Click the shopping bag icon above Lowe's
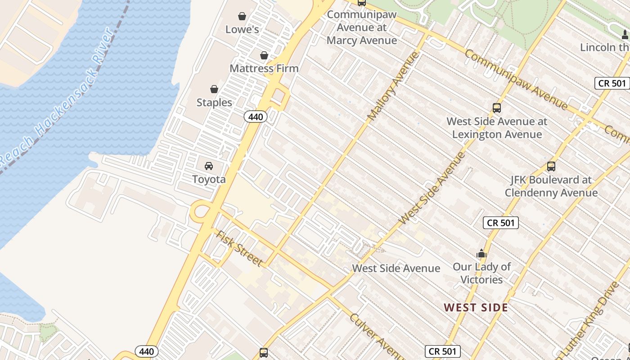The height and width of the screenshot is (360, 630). tap(242, 17)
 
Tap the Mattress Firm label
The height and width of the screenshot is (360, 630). tap(264, 68)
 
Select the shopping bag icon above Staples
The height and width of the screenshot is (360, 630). tap(214, 89)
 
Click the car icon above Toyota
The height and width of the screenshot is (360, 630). tap(209, 166)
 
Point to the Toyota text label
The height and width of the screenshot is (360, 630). tap(209, 179)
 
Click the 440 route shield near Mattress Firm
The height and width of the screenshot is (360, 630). tap(256, 117)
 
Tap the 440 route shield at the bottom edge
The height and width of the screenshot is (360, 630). tap(147, 351)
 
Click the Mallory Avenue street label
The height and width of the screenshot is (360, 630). tap(393, 86)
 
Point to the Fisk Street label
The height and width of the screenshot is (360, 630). tap(238, 248)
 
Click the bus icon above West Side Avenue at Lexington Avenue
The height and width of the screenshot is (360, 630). tap(497, 108)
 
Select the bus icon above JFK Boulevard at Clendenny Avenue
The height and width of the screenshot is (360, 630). tap(551, 166)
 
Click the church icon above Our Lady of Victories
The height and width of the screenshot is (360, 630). tap(481, 253)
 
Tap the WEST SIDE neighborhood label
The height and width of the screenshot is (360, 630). tap(476, 308)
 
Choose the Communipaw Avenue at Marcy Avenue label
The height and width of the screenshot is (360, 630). tap(362, 27)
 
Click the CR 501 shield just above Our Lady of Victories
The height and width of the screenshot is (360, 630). tap(501, 223)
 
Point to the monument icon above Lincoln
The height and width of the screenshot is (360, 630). tap(625, 34)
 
